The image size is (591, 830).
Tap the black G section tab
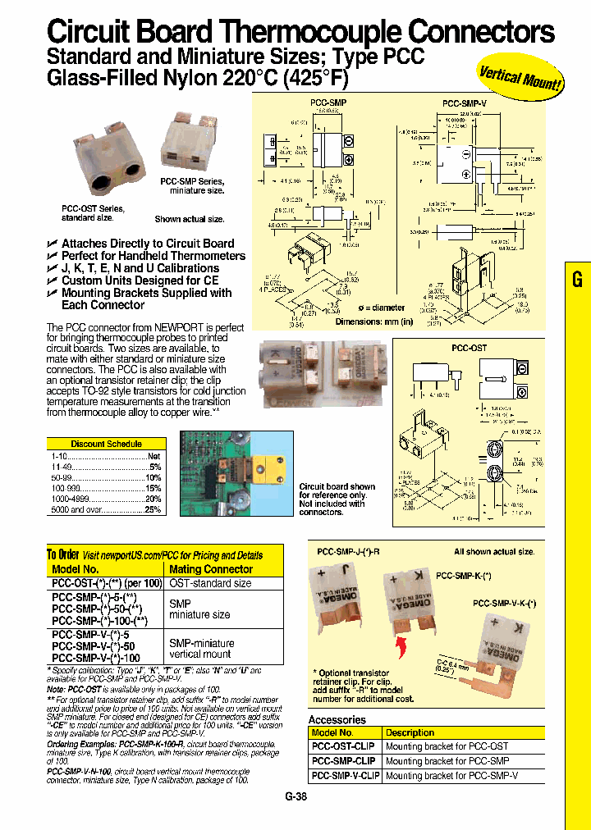(x=577, y=280)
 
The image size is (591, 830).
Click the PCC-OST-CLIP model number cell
(x=344, y=746)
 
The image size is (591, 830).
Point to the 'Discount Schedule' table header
(x=106, y=444)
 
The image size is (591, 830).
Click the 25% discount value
(x=153, y=509)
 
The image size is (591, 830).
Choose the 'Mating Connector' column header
(x=211, y=569)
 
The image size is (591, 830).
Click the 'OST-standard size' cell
(x=210, y=583)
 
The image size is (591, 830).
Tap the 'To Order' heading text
(x=62, y=555)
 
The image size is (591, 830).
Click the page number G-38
(x=295, y=796)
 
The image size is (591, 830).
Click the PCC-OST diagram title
(x=469, y=348)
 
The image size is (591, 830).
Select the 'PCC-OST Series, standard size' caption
(x=88, y=213)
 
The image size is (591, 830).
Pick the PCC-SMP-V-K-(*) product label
(x=504, y=603)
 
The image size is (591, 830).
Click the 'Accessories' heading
(x=337, y=719)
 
